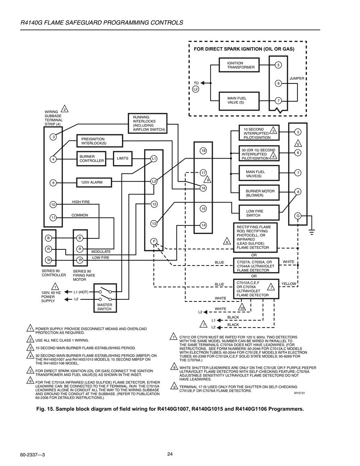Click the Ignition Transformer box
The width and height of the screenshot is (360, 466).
(239, 65)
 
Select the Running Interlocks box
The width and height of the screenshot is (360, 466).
(148, 123)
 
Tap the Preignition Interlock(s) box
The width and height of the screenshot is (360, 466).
(100, 141)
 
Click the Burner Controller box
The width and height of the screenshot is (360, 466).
(92, 159)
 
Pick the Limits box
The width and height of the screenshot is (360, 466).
(122, 159)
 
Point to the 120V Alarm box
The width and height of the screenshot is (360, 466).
(94, 182)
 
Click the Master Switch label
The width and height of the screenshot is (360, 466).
(105, 307)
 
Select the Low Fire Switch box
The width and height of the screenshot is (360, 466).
(259, 213)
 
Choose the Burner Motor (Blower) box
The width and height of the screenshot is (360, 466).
(259, 193)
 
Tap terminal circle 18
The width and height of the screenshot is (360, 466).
(203, 151)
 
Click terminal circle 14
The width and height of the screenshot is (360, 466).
(203, 225)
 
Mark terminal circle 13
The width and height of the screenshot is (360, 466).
(154, 224)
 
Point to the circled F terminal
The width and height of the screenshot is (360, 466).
(154, 241)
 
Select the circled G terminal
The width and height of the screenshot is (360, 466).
(297, 216)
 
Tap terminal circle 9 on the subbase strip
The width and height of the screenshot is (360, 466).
(53, 183)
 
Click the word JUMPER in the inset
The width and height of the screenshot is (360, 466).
(297, 78)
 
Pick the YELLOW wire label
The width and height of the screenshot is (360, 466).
(289, 284)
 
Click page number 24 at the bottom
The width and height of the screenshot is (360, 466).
(170, 454)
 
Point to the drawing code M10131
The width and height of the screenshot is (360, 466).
(299, 393)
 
